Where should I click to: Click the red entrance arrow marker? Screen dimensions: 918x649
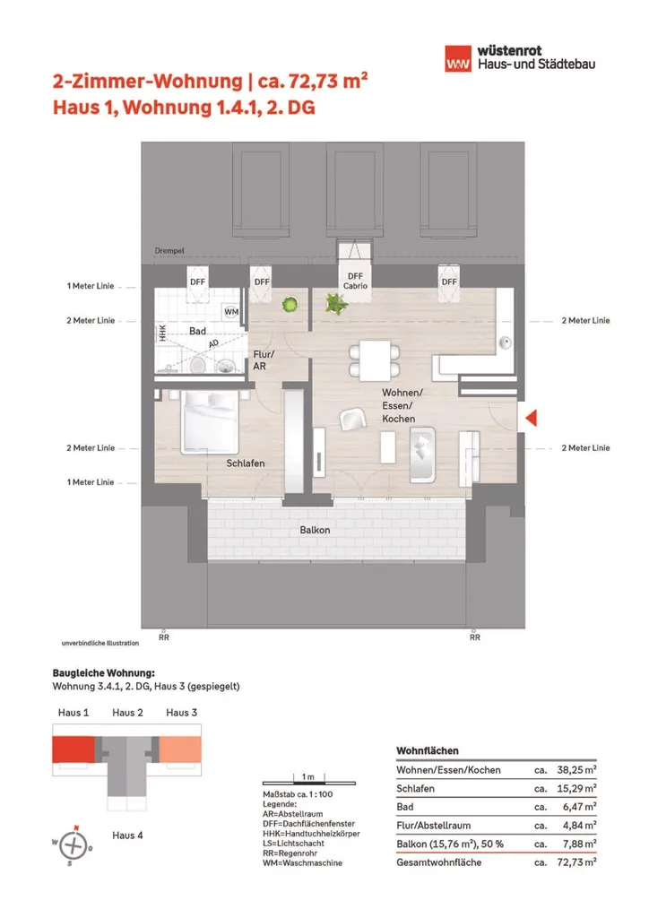(x=530, y=418)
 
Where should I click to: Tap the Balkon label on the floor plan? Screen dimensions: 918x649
(x=315, y=530)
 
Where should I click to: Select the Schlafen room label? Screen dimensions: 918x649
(x=245, y=463)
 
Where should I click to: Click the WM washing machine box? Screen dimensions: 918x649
(x=231, y=312)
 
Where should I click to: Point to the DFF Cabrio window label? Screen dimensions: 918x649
(x=355, y=281)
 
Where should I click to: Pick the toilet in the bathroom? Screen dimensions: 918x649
(x=224, y=364)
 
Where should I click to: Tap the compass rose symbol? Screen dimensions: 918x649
(x=75, y=844)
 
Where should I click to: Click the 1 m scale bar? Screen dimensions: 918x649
(x=307, y=775)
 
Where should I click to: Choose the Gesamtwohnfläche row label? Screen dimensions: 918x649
(x=440, y=862)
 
